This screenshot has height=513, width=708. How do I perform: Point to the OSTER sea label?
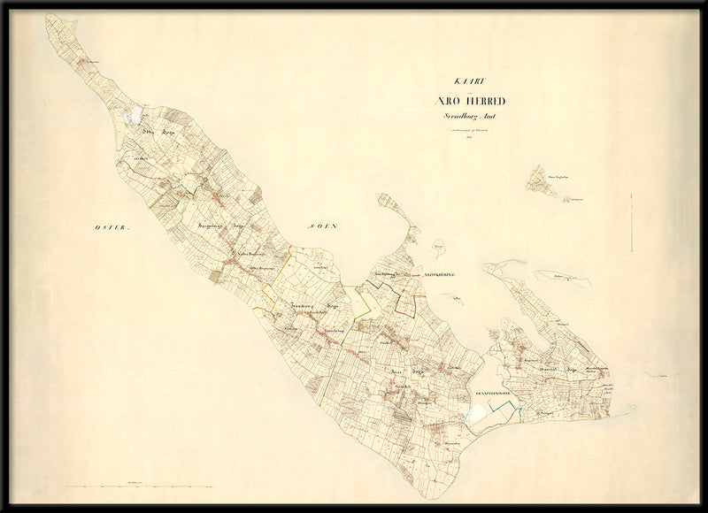[112, 228]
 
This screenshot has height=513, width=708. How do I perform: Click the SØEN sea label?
[324, 226]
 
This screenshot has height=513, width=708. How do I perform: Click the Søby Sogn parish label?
[156, 130]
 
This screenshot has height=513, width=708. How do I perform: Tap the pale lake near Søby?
[135, 115]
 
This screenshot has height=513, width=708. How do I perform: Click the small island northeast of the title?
[540, 181]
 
